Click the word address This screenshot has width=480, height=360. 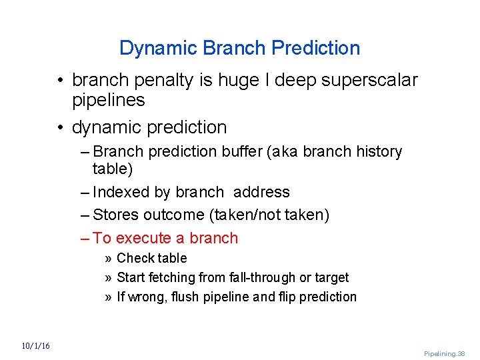coord(261,193)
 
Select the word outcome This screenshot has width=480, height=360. coord(176,215)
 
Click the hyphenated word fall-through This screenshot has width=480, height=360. coord(251,277)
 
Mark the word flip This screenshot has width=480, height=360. coord(288,297)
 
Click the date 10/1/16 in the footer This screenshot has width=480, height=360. coord(35,346)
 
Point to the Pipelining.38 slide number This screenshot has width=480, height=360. coord(445,354)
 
